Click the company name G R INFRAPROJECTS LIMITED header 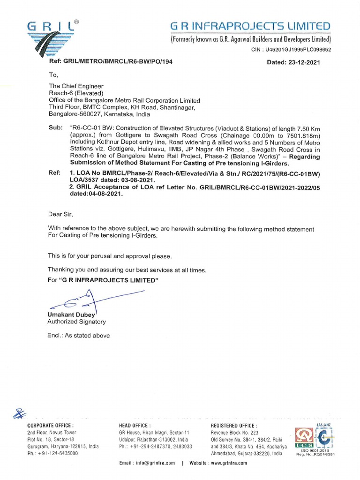click(x=250, y=26)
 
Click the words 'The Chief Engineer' click(x=76, y=86)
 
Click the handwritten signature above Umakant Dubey click(x=94, y=299)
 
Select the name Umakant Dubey click(x=71, y=314)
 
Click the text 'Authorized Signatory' click(x=76, y=322)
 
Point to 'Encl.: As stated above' click(x=78, y=336)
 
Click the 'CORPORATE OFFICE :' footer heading click(x=51, y=425)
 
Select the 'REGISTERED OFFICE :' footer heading click(x=234, y=425)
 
